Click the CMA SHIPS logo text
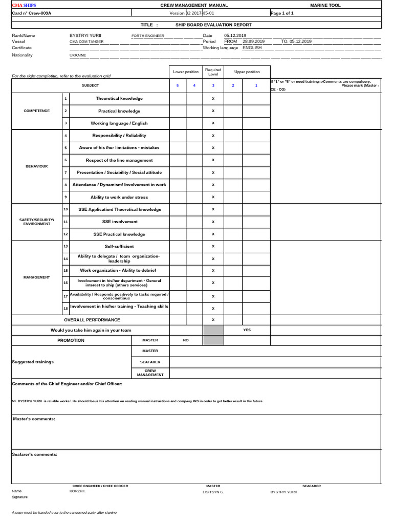24,5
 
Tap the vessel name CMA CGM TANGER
88,42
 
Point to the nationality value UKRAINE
78,55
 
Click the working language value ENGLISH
252,48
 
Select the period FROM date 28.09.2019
253,41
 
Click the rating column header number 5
178,85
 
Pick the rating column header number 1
256,85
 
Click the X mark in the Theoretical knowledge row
213,99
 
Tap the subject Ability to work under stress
119,197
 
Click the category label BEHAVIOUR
36,166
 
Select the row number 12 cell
65,234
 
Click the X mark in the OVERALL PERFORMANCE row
213,320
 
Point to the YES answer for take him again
247,330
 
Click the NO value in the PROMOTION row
186,340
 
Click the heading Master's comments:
34,419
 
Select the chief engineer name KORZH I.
78,491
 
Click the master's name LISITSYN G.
214,492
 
